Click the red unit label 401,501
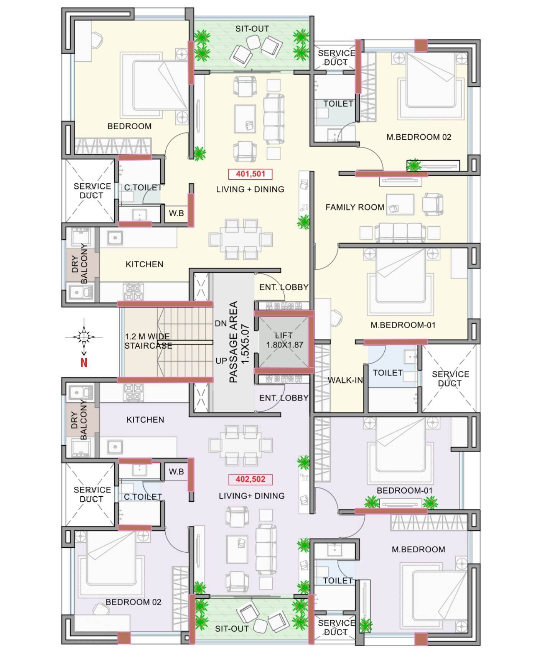click(250, 174)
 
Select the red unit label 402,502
click(250, 479)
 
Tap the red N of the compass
click(84, 362)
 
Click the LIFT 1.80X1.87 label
click(284, 340)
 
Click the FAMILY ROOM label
click(354, 207)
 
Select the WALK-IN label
click(345, 380)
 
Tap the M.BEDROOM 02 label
click(418, 137)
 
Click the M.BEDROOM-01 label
click(403, 325)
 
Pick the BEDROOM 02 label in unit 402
click(133, 602)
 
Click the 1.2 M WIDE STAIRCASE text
click(148, 341)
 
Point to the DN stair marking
click(221, 323)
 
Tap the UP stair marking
click(221, 361)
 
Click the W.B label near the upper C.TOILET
click(176, 213)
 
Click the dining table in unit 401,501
click(241, 239)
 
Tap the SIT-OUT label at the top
click(252, 29)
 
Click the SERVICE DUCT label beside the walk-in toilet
click(450, 378)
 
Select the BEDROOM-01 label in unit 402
click(404, 491)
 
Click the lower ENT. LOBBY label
click(283, 398)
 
